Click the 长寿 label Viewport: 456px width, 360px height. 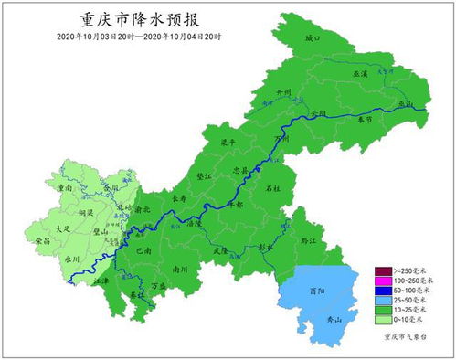[x=180, y=196]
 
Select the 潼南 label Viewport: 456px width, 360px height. [x=65, y=188]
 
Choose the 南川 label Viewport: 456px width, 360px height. [x=181, y=270]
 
